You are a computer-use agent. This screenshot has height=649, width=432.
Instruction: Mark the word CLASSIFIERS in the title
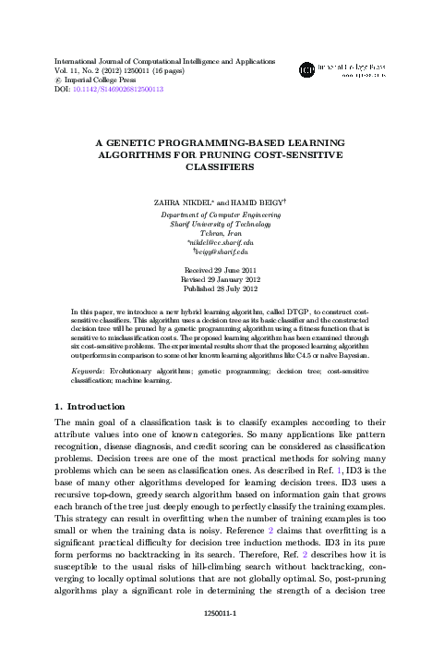click(216, 169)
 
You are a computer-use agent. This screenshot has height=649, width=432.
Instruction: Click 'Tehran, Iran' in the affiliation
click(217, 232)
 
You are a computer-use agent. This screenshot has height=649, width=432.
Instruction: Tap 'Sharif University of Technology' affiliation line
click(217, 223)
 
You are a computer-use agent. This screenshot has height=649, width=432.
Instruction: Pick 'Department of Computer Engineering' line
click(217, 214)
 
